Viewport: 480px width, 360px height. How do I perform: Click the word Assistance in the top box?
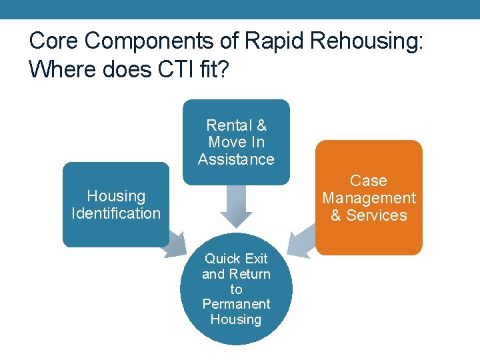tap(236, 159)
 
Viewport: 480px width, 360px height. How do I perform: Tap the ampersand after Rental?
tap(261, 125)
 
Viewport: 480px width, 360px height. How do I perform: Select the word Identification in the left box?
tap(116, 213)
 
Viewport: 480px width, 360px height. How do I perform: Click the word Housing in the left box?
tap(116, 196)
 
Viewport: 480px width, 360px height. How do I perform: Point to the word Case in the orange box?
tap(369, 181)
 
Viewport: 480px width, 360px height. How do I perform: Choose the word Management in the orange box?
tap(369, 198)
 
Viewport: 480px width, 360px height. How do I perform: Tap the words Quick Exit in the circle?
tap(236, 259)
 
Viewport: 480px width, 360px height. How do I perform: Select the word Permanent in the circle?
tap(236, 304)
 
